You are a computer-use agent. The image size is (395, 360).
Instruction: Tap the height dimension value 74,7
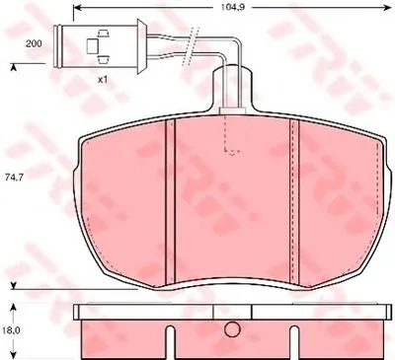(14, 177)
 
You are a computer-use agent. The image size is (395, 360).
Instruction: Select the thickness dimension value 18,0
(13, 330)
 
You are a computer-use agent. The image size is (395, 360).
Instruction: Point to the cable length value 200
(34, 43)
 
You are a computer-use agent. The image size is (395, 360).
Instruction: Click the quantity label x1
(103, 80)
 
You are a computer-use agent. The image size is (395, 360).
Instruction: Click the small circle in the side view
(232, 329)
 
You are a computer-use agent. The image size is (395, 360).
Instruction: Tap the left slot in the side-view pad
(170, 342)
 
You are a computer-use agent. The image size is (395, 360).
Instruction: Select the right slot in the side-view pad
(294, 342)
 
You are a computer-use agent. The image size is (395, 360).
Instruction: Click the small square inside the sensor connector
(92, 46)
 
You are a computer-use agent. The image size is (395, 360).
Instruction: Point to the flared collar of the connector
(142, 46)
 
